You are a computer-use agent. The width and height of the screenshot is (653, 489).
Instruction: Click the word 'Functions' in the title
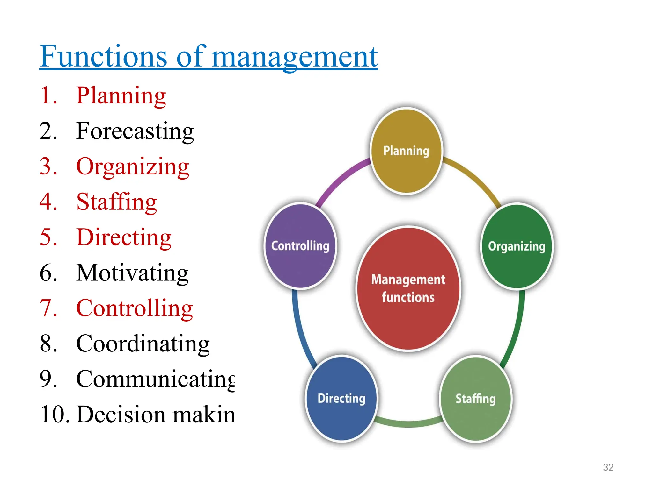[103, 56]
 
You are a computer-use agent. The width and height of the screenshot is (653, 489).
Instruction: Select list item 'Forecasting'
[135, 131]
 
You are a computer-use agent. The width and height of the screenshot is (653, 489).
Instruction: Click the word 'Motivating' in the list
[132, 273]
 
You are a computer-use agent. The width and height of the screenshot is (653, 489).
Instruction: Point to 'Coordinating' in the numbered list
[143, 344]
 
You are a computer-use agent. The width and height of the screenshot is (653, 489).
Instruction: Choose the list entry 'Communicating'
[155, 379]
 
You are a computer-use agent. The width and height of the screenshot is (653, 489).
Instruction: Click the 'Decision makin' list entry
[156, 415]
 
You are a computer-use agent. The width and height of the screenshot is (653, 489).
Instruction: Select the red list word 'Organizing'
[133, 167]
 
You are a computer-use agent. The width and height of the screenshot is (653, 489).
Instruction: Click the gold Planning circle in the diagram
[406, 151]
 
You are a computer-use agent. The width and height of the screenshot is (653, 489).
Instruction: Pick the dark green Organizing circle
[517, 246]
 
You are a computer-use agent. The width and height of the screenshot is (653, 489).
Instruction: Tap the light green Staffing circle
[475, 399]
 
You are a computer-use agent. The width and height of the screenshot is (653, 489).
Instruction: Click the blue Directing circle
[341, 399]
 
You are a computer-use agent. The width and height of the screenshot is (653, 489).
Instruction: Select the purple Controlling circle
[300, 246]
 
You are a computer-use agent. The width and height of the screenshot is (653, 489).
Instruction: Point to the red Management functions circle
[408, 288]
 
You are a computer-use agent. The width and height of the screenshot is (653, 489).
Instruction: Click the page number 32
[608, 467]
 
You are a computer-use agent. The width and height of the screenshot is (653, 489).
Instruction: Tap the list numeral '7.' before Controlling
[48, 308]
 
